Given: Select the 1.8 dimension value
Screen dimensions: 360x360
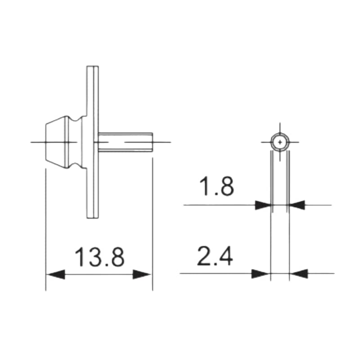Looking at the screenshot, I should pyautogui.click(x=216, y=187).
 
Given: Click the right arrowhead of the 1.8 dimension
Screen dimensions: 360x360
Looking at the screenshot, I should pyautogui.click(x=297, y=205).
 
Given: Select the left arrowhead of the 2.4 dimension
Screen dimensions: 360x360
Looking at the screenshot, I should pyautogui.click(x=261, y=273).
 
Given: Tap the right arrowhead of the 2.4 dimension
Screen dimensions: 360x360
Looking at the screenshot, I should pyautogui.click(x=298, y=273).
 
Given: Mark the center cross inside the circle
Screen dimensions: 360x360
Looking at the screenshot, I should pyautogui.click(x=280, y=142).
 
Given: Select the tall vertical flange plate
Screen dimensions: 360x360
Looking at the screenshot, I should pyautogui.click(x=92, y=142).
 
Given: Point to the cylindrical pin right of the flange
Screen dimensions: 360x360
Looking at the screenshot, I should pyautogui.click(x=126, y=142).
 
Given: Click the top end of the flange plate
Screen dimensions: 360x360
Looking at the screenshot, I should pyautogui.click(x=92, y=67).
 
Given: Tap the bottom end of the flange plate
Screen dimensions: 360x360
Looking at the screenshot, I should pyautogui.click(x=92, y=217).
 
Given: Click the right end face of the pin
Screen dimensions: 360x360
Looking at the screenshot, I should pyautogui.click(x=152, y=142).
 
